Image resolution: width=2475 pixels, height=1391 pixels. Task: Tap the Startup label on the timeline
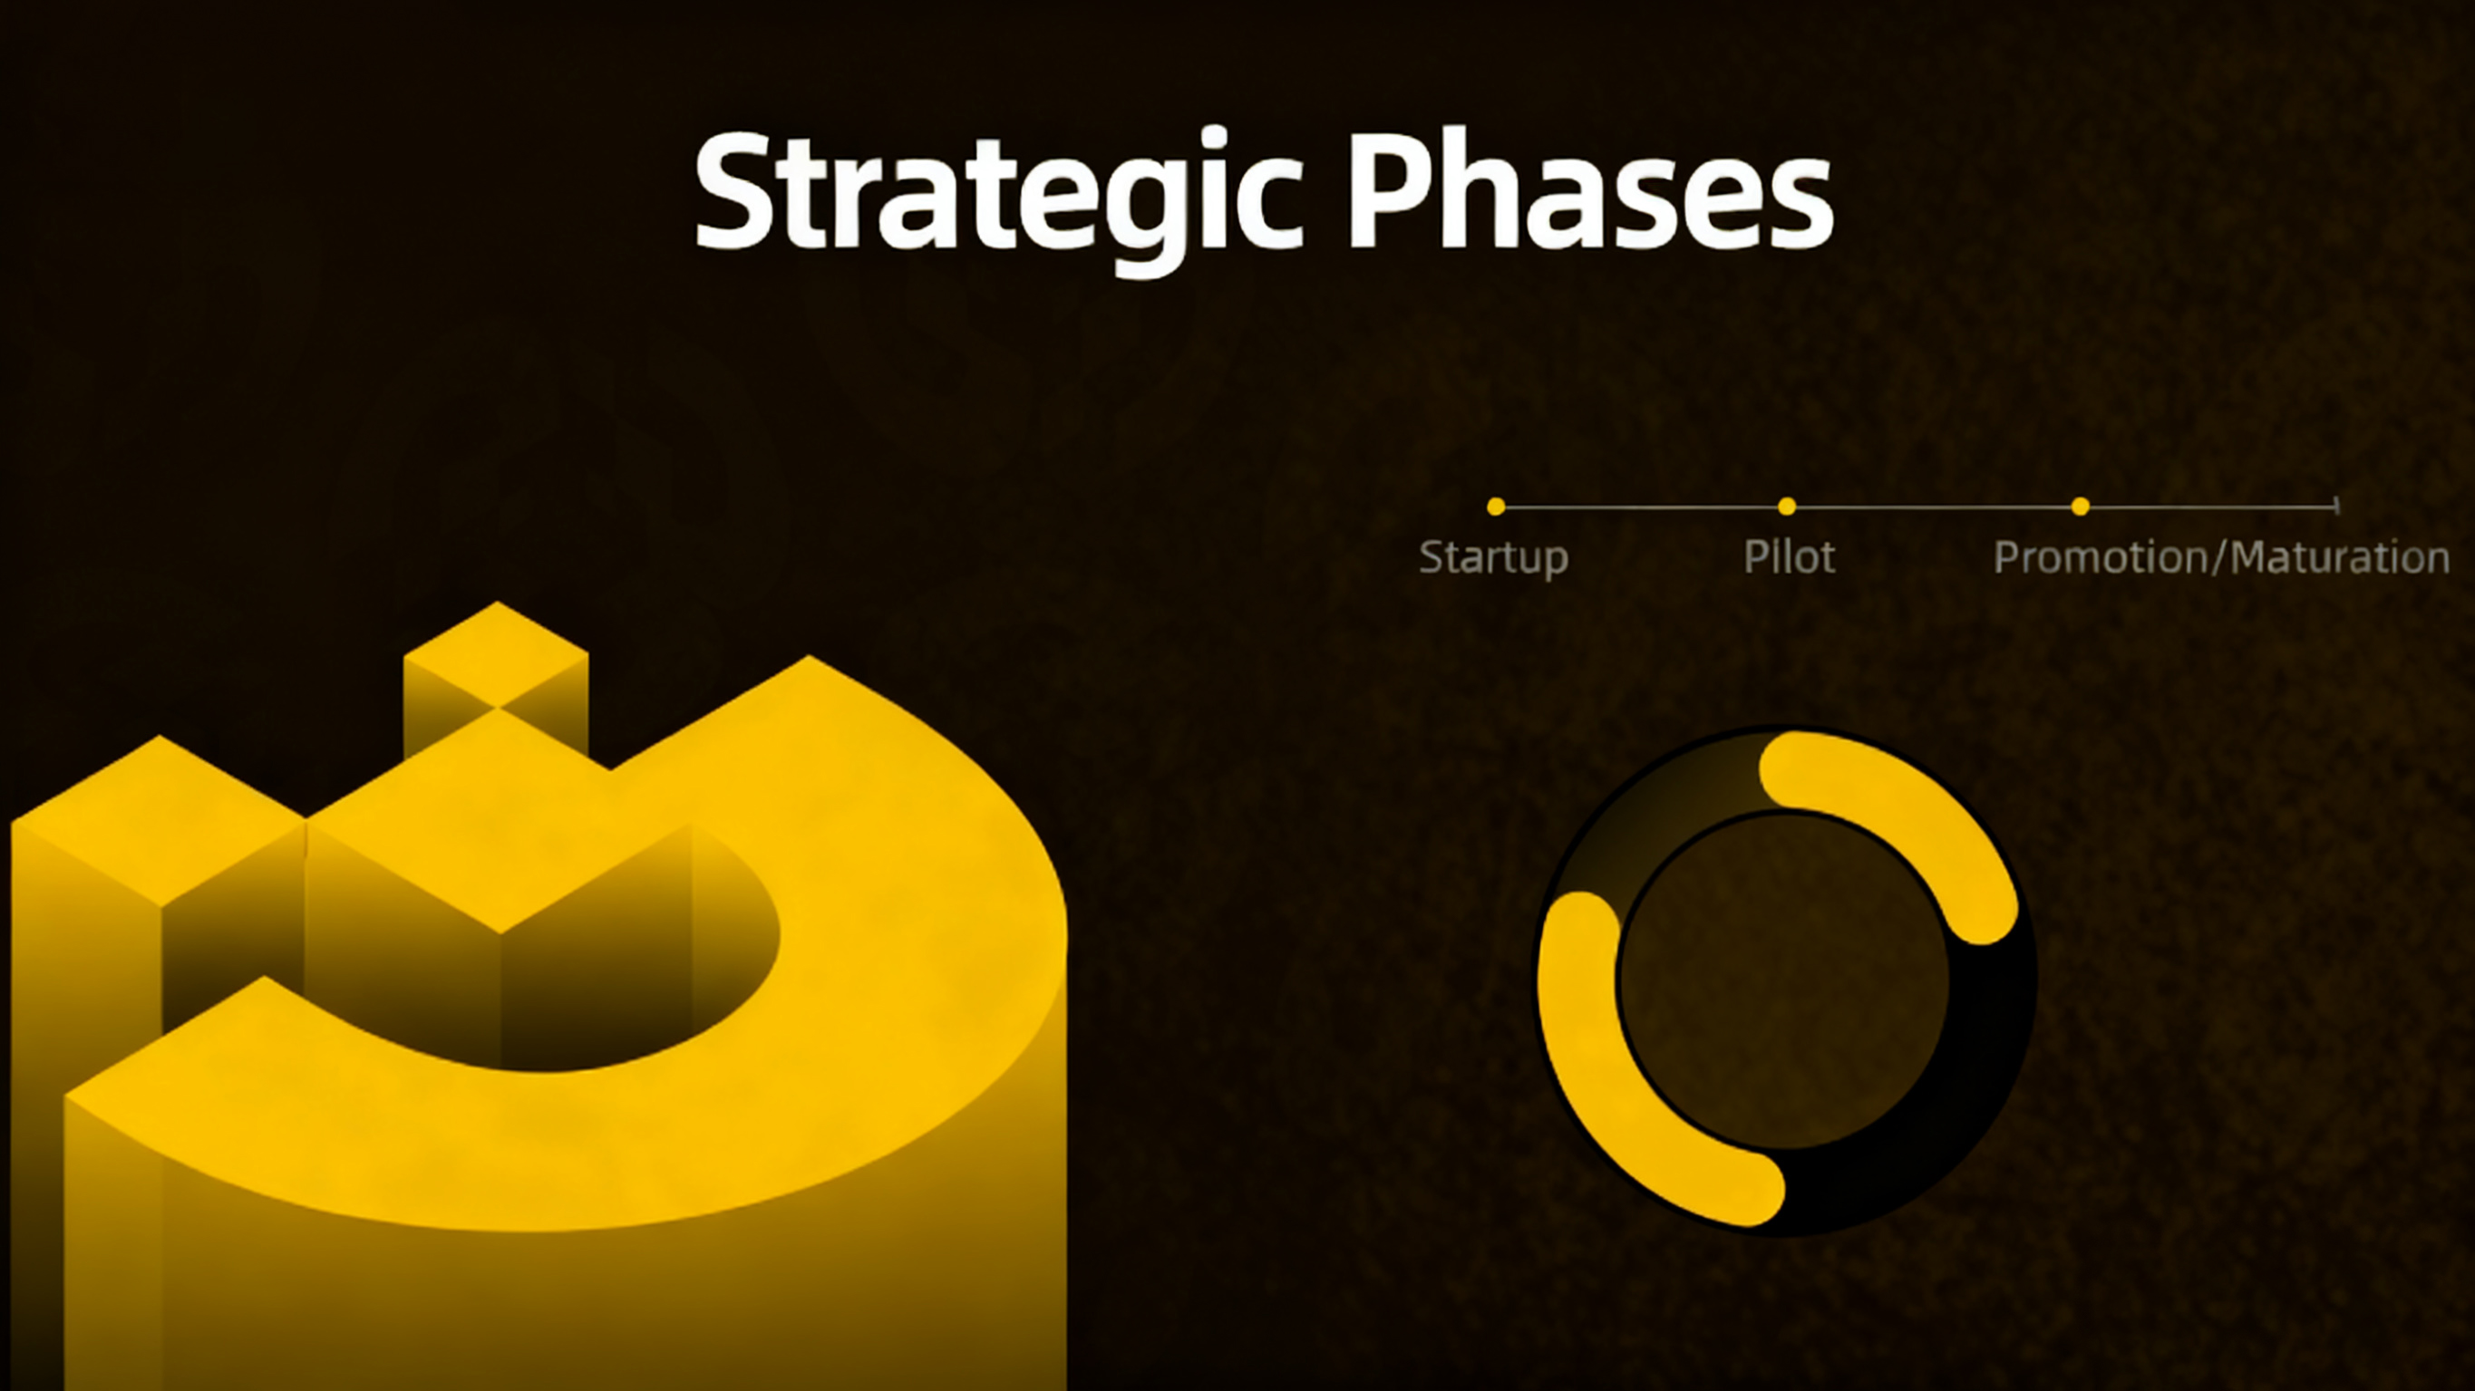point(1494,558)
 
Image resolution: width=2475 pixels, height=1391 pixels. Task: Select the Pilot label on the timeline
point(1789,556)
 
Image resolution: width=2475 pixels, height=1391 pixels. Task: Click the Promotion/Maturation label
point(2221,557)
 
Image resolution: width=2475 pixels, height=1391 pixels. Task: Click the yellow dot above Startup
point(1496,507)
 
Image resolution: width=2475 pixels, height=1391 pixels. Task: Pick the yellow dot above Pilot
point(1787,507)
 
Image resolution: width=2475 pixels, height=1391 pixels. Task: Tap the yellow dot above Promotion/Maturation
point(2080,507)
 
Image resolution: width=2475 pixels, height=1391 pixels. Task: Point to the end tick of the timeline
point(2336,506)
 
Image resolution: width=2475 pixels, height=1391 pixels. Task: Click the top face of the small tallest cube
point(497,655)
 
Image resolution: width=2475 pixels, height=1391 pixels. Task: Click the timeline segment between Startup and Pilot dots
point(1641,507)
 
